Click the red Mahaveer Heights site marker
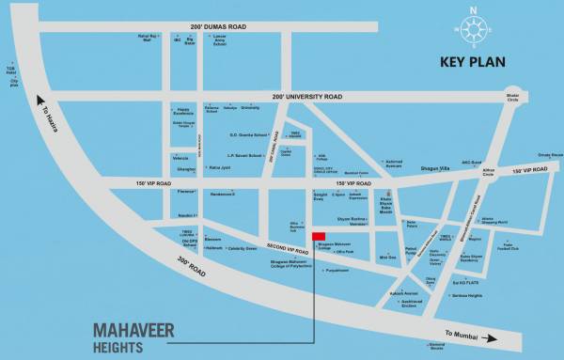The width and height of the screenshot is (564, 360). [319, 237]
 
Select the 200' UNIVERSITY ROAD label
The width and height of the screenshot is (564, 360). [306, 96]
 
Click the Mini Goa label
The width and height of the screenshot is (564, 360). [387, 257]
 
